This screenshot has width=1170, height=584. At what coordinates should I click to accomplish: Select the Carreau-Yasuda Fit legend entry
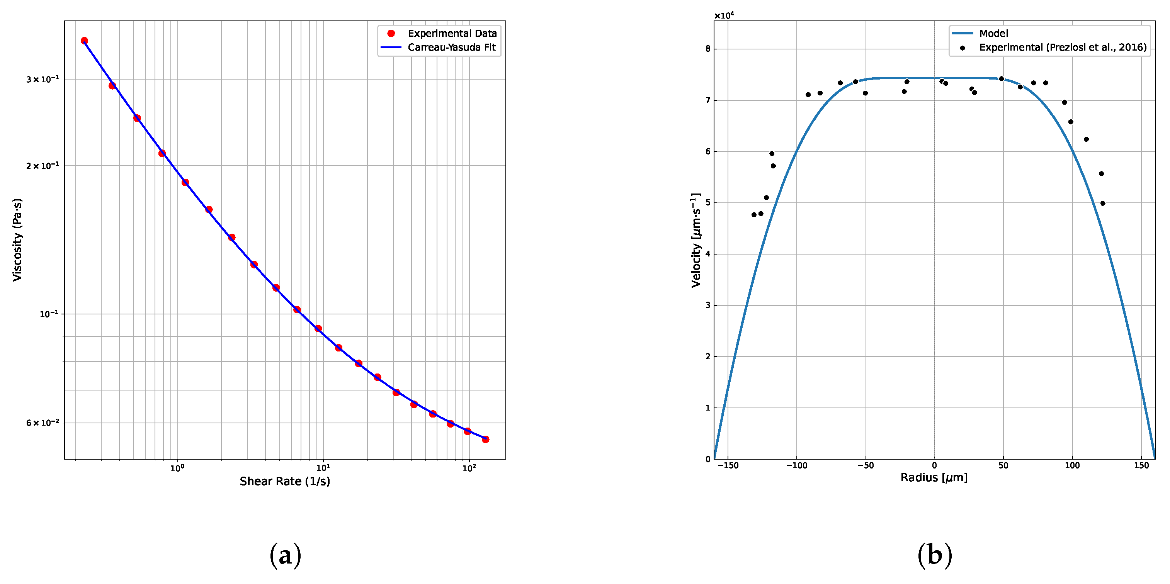[451, 47]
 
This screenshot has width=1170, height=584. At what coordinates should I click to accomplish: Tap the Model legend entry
[993, 34]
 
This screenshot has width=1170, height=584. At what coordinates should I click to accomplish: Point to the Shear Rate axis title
[285, 481]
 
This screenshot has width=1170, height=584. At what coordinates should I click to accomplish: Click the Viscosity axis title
[17, 240]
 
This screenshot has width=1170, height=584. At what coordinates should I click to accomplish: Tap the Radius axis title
[934, 478]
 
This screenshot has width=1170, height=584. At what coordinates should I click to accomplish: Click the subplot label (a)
[285, 555]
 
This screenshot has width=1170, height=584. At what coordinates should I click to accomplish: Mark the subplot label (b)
[934, 555]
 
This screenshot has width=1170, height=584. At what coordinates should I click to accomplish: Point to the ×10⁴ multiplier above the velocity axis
[724, 16]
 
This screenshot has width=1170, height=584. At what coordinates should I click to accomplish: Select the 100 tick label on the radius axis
[1072, 465]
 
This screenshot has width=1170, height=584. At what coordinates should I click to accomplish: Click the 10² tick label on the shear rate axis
[469, 469]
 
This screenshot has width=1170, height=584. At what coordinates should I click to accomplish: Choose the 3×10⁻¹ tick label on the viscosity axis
[42, 80]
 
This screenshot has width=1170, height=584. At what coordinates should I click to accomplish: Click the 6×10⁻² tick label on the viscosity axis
[42, 423]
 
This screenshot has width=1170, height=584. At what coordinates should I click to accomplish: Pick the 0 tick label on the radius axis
[934, 465]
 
